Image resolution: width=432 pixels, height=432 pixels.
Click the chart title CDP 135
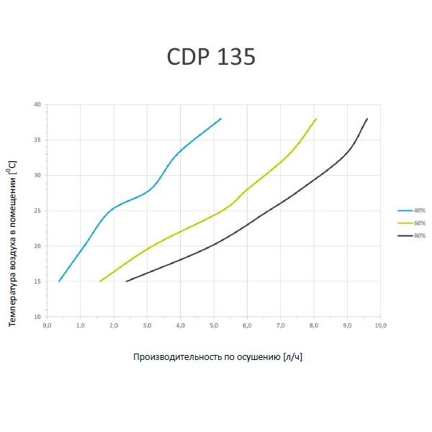212,57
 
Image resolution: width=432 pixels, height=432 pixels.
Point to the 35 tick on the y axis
37,140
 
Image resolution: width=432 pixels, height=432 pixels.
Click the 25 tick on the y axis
37,211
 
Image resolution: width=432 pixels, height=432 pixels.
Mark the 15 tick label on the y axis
37,282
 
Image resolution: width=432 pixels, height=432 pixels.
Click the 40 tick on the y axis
37,105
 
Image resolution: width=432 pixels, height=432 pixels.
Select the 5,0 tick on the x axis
213,326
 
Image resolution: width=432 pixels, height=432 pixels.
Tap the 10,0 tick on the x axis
380,326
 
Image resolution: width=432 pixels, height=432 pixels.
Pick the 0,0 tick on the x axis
46,326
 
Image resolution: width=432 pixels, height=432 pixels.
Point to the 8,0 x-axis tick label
313,326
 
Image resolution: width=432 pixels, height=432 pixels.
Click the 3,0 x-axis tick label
146,326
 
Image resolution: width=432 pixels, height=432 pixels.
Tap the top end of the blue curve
220,118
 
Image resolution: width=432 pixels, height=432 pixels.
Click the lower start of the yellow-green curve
99,282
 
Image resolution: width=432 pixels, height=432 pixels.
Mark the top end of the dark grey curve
367,118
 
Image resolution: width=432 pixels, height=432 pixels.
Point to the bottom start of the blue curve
58,282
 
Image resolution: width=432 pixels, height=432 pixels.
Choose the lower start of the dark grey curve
126,282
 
